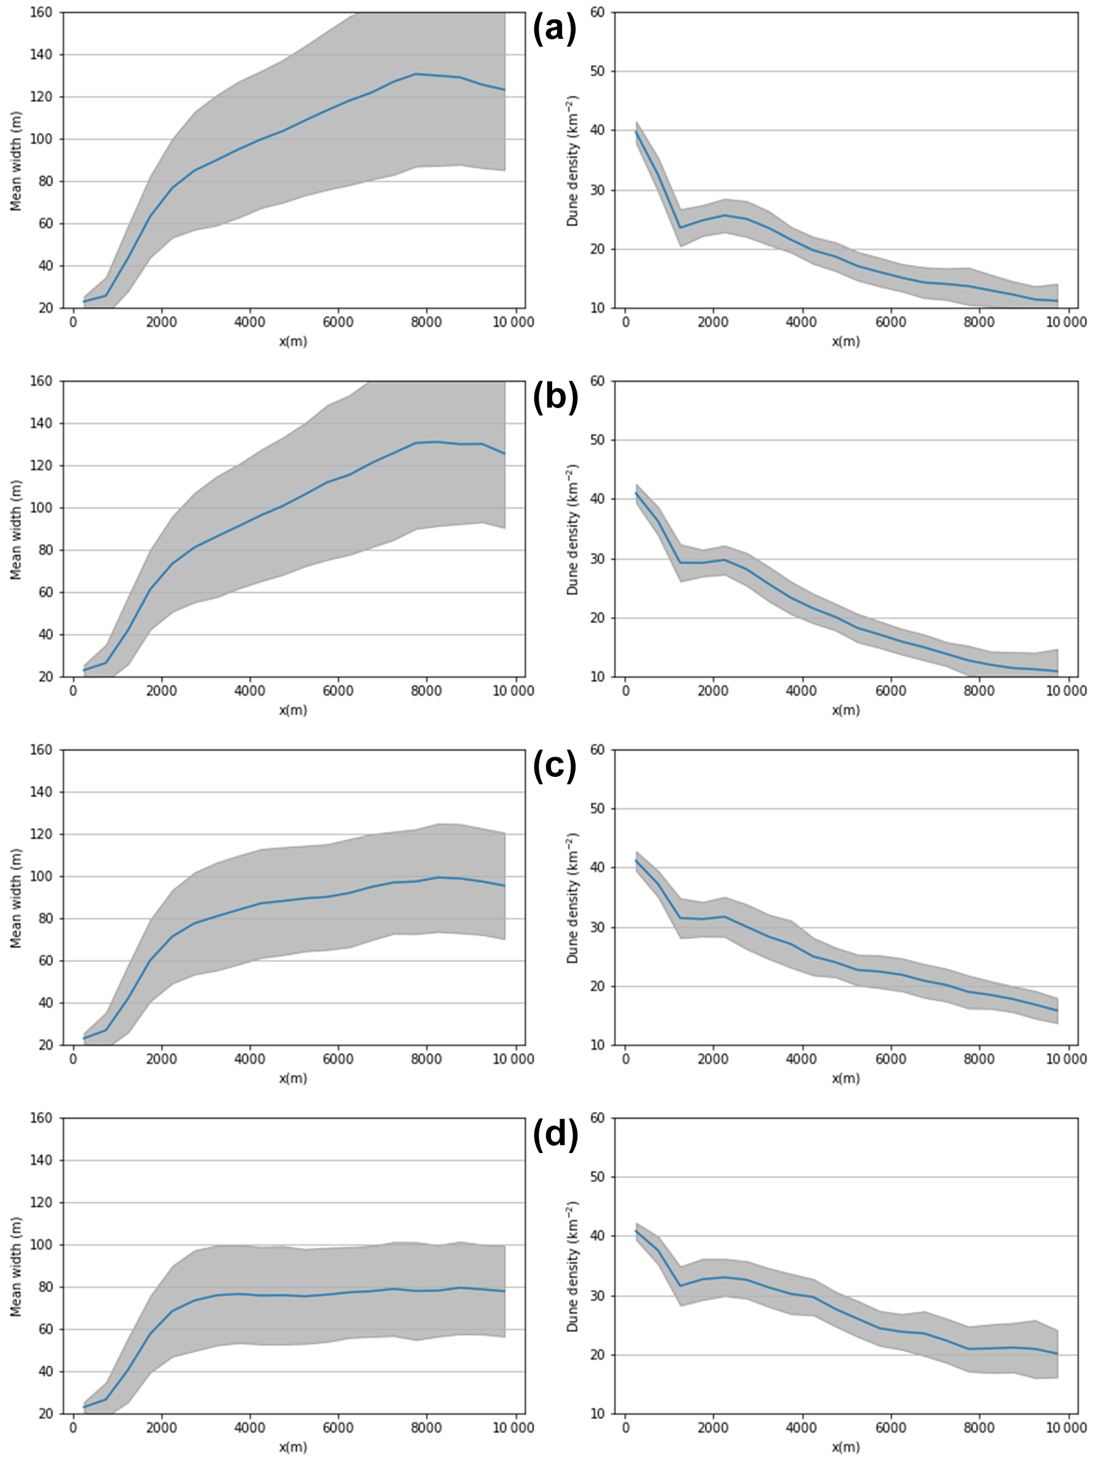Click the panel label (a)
click(x=554, y=30)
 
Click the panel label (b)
click(x=555, y=398)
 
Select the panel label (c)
click(x=554, y=766)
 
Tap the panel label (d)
click(x=555, y=1134)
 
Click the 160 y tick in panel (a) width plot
click(x=42, y=12)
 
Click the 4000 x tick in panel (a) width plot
click(x=249, y=322)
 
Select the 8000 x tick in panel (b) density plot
click(x=978, y=691)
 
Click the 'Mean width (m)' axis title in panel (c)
click(x=17, y=898)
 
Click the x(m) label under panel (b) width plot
click(x=293, y=710)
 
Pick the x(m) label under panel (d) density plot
click(x=846, y=1446)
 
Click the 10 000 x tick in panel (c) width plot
click(x=513, y=1059)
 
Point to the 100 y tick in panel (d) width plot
click(x=42, y=1245)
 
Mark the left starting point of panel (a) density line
click(x=636, y=132)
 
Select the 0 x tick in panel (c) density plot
click(x=626, y=1059)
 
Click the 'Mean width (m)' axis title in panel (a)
click(x=17, y=161)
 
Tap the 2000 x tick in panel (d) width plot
click(x=161, y=1428)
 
